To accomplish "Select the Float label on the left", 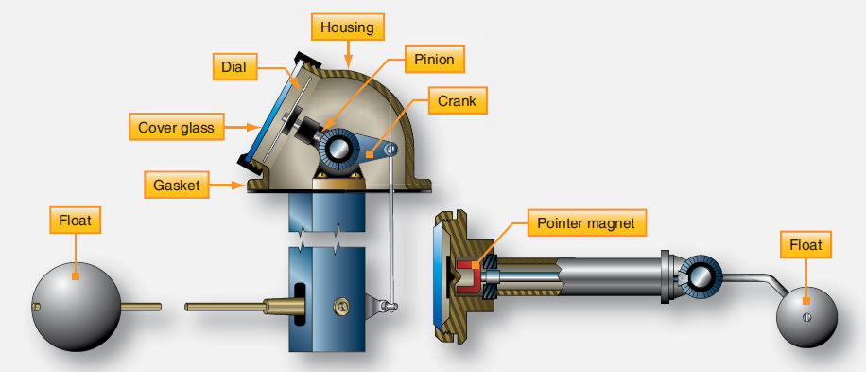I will (x=74, y=222).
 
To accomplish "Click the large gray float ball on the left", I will (x=77, y=307).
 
